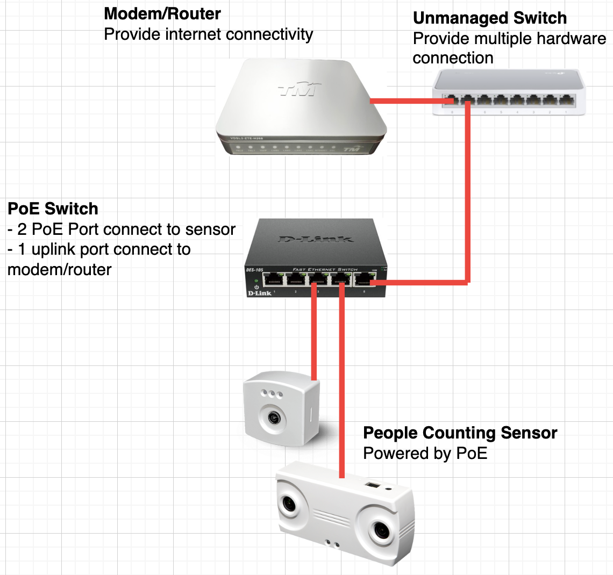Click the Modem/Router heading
[162, 13]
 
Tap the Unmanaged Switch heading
[489, 18]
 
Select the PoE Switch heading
[53, 209]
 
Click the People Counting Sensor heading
[460, 433]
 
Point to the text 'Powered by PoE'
[425, 453]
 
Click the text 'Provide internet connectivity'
[208, 34]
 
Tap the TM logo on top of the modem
[300, 89]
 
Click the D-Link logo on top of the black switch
[316, 239]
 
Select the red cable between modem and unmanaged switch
[401, 100]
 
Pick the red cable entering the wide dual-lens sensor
[341, 387]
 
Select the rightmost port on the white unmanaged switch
[566, 100]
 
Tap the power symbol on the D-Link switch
[256, 287]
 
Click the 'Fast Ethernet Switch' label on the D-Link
[325, 269]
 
